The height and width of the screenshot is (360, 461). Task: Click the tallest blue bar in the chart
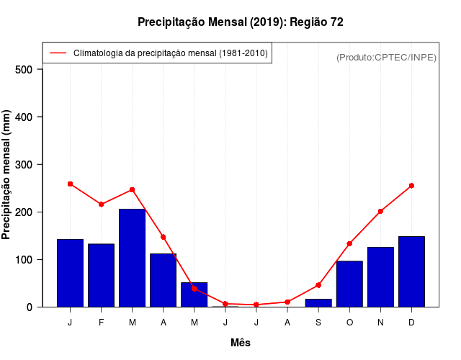coord(132,258)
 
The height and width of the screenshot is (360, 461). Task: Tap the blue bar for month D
coord(411,271)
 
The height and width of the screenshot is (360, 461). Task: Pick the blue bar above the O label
coord(349,284)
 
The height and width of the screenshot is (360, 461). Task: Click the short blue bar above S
coord(318,302)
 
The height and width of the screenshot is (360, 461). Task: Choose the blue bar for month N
coord(380,276)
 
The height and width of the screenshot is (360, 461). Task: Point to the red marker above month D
coord(411,186)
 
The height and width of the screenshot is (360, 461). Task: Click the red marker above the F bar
coord(101,204)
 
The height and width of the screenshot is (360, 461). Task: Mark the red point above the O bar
coord(349,243)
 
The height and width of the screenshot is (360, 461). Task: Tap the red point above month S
coord(318,285)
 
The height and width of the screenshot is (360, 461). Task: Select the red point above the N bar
coord(380,211)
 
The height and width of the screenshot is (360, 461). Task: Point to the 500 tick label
coord(24,69)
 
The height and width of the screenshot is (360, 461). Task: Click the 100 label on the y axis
coord(24,259)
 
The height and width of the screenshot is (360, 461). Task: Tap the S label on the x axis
coord(318,323)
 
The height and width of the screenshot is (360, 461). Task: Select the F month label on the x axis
coord(101,323)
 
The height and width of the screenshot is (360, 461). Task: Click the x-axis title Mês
coord(241,343)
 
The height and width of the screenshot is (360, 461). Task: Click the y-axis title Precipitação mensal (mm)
coord(7,175)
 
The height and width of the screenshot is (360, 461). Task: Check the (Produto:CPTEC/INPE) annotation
coord(386,58)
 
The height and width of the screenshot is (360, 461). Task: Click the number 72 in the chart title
coord(336,22)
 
